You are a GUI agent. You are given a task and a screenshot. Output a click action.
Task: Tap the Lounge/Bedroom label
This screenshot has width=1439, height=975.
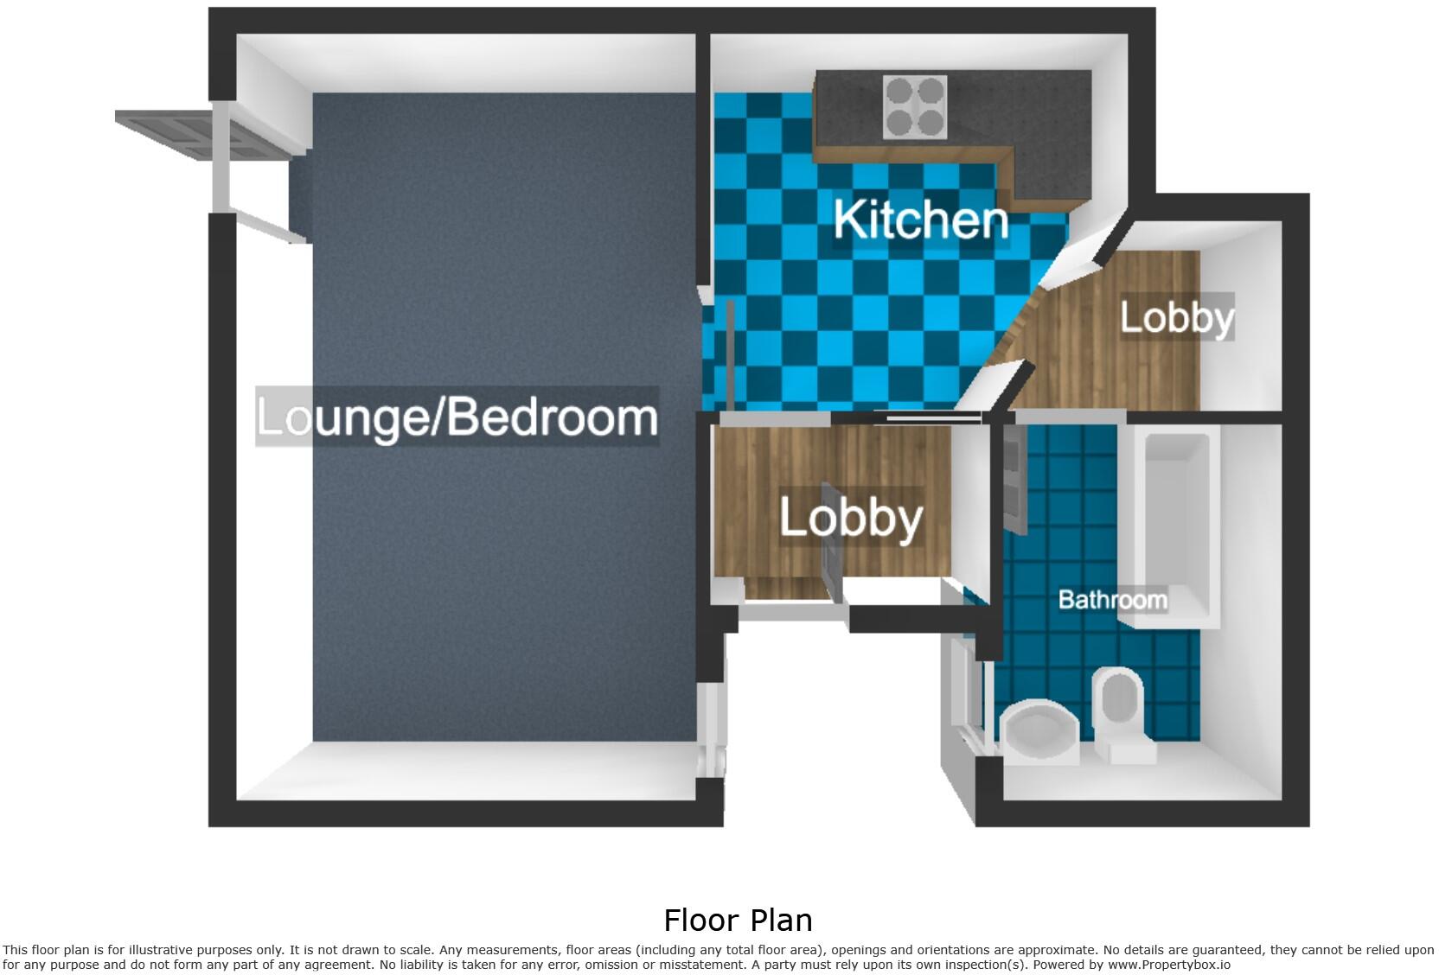[457, 417]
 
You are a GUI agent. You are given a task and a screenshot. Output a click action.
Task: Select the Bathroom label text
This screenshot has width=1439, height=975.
[1113, 599]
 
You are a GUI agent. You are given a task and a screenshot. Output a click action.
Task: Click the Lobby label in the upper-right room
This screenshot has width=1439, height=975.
[1177, 317]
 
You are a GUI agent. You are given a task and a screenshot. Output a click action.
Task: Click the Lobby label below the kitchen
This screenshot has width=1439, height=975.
[851, 518]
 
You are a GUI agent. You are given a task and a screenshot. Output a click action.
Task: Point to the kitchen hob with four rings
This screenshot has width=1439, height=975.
[915, 107]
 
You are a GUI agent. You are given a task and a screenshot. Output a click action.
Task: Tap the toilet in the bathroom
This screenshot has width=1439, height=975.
[1120, 713]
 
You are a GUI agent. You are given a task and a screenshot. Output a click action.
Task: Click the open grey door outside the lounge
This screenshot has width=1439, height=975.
[164, 136]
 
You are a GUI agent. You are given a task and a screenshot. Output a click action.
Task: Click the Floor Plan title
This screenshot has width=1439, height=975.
[738, 919]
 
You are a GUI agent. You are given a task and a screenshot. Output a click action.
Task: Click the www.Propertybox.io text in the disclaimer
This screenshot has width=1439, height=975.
[1168, 964]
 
